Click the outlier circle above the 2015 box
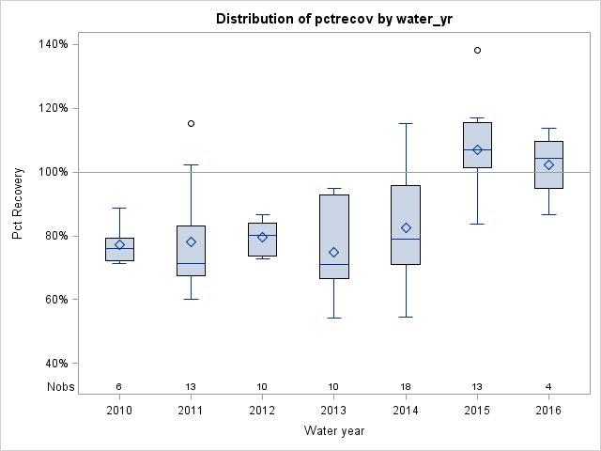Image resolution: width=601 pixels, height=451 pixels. [477, 50]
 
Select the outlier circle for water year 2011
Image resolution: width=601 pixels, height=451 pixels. [191, 123]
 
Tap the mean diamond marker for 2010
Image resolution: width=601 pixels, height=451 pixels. [119, 244]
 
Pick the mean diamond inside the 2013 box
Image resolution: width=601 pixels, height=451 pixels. [333, 252]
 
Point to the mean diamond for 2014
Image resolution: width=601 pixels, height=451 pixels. [406, 227]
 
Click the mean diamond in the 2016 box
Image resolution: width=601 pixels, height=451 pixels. [548, 164]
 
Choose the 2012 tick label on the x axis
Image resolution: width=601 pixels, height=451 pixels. [262, 410]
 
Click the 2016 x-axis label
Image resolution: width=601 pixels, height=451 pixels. [548, 410]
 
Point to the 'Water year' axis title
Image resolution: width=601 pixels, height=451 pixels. [333, 430]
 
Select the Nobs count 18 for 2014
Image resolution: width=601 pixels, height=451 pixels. [406, 386]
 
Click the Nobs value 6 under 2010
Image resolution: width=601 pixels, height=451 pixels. [119, 386]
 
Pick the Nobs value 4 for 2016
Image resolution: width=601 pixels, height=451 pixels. [548, 386]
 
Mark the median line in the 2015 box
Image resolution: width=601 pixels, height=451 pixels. [477, 149]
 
